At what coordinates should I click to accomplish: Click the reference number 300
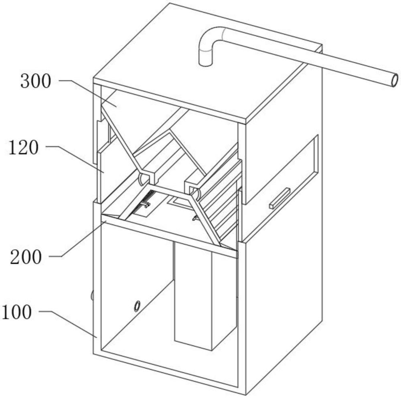(36, 81)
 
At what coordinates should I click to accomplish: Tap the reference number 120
(24, 148)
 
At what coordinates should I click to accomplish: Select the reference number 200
(26, 257)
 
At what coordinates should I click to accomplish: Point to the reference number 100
(16, 312)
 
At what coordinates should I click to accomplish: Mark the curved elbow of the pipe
(209, 38)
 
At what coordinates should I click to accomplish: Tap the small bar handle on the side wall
(280, 198)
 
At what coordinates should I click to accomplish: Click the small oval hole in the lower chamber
(137, 306)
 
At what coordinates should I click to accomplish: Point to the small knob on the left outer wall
(92, 295)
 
